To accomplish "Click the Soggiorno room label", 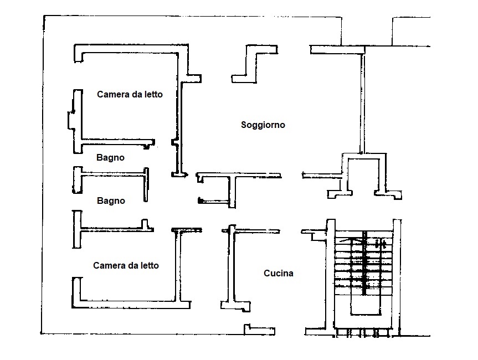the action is [x=263, y=125].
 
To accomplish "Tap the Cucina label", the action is [x=278, y=273].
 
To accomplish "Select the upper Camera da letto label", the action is [x=130, y=95].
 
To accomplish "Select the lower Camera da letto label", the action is [x=126, y=265].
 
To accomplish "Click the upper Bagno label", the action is [x=110, y=158].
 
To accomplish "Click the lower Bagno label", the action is [x=111, y=201].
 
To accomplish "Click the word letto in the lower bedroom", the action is [x=150, y=265].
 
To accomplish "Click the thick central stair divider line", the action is [x=364, y=263].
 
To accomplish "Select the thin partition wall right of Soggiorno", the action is [x=362, y=104].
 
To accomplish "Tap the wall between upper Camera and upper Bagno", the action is [x=117, y=142].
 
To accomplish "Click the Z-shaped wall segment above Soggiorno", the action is [x=255, y=64].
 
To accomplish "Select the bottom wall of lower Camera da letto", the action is [x=131, y=304].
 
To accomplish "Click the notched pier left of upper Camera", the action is [x=75, y=121].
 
